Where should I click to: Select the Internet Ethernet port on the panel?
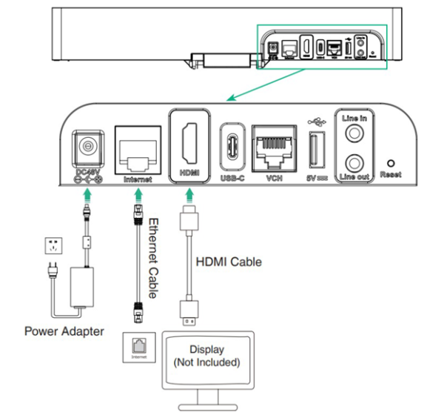pos(137,151)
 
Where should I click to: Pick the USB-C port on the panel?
pos(232,145)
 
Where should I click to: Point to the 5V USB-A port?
pos(313,150)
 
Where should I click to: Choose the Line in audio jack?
pos(352,131)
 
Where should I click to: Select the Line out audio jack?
pos(352,162)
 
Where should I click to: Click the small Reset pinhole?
pos(391,162)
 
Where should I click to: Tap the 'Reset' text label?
pos(391,175)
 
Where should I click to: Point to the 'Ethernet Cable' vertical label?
pos(154,257)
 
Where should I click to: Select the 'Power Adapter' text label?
pos(64,331)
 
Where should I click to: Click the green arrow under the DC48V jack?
pos(89,195)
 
